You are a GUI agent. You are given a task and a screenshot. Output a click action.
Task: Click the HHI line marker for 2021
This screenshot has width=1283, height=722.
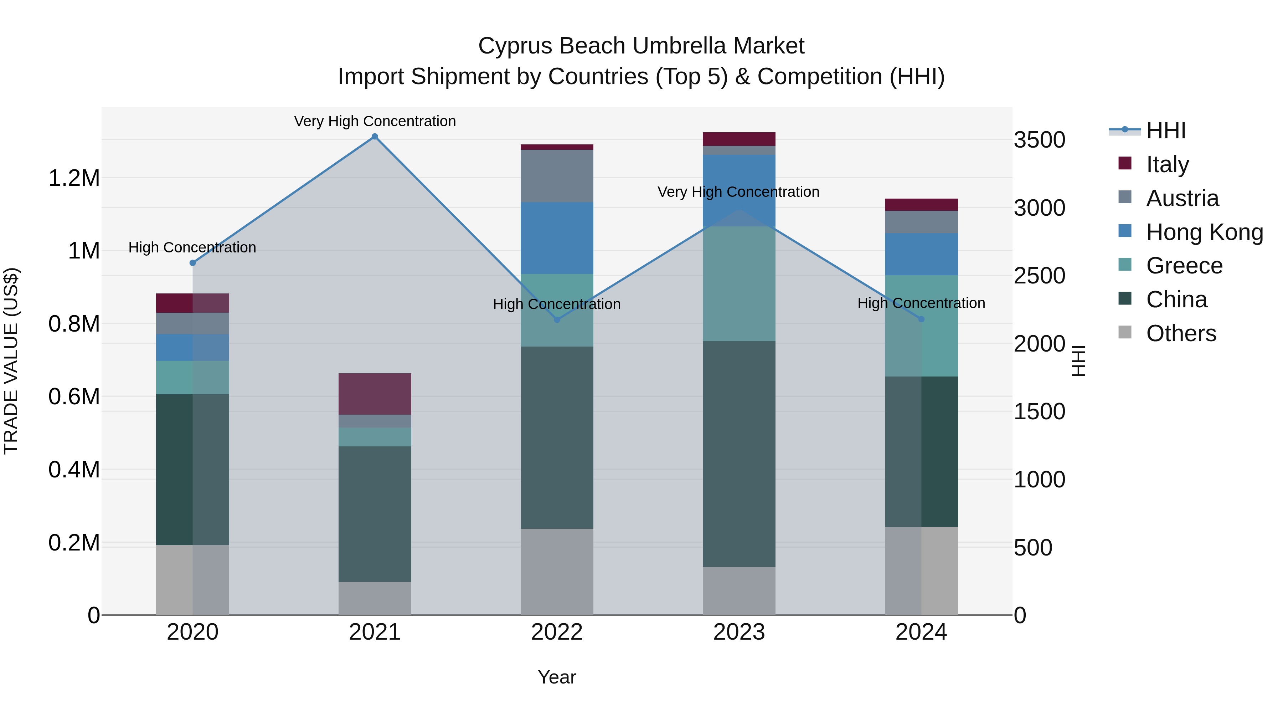[375, 137]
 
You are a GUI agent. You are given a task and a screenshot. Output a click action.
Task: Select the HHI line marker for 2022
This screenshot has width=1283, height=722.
[557, 320]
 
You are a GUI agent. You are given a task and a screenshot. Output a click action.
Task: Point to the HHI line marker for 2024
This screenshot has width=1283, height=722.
[921, 319]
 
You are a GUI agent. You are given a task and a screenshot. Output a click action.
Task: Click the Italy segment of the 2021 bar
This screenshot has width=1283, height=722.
[375, 394]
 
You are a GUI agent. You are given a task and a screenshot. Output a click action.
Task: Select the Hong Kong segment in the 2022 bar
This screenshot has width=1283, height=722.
[557, 238]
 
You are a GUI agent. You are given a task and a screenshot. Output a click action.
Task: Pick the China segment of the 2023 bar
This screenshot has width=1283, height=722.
[739, 454]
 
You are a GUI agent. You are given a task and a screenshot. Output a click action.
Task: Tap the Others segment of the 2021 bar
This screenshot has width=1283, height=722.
[375, 598]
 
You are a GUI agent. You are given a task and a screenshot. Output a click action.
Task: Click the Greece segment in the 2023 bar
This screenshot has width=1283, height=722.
[739, 284]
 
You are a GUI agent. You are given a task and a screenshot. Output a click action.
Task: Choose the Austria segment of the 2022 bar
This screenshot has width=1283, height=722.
[557, 175]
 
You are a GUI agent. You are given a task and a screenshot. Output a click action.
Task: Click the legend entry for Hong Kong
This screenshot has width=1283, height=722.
[1204, 232]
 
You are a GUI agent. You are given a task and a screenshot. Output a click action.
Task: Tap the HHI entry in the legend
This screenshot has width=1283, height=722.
[1165, 130]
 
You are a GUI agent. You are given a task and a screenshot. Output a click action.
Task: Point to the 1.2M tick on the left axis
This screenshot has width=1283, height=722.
[74, 178]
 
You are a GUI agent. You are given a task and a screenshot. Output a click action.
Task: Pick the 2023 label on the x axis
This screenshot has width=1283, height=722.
[739, 632]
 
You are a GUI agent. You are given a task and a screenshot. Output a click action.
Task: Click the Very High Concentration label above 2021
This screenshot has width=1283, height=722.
[375, 121]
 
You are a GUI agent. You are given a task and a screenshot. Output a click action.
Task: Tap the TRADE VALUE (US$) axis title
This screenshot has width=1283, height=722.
[11, 361]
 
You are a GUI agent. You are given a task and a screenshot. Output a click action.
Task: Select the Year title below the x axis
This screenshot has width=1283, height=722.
[557, 677]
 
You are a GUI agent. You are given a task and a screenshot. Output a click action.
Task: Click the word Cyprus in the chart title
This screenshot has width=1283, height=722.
[515, 46]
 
